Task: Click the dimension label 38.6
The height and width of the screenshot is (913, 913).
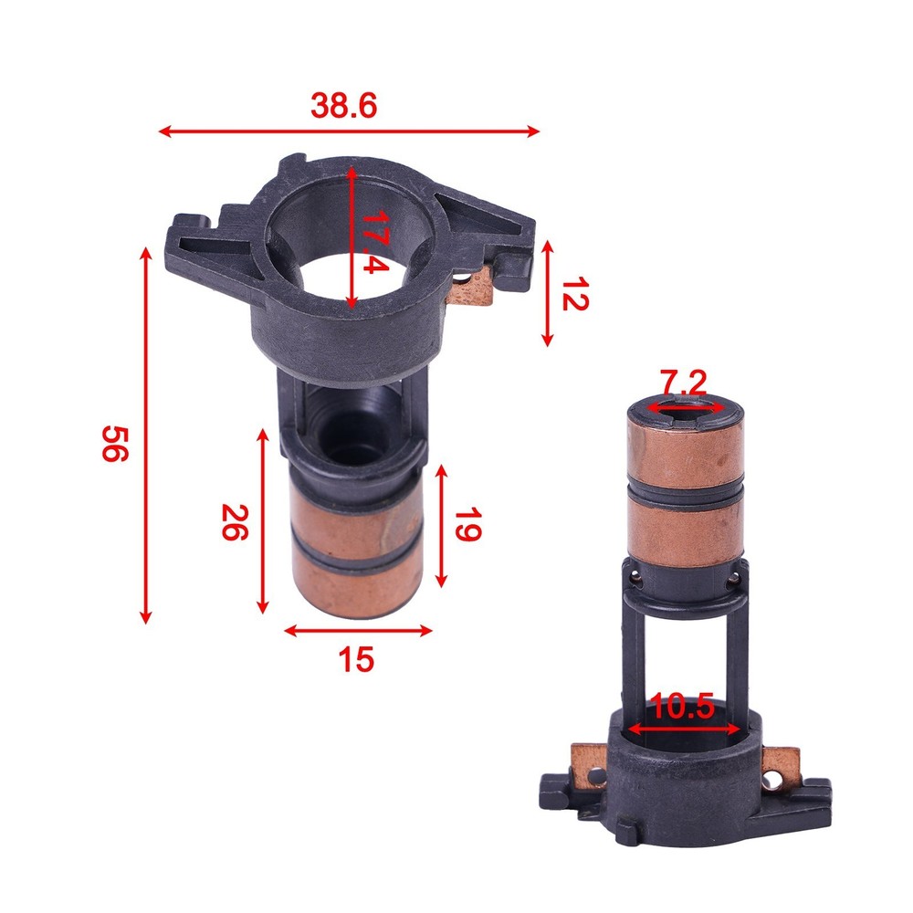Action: point(344,106)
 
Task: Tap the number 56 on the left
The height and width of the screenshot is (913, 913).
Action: point(110,443)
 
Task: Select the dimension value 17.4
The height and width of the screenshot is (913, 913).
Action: point(374,243)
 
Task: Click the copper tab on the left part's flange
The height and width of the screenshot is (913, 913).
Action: point(472,289)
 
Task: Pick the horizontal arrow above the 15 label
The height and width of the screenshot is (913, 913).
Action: point(357,629)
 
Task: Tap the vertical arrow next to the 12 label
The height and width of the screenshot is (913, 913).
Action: point(547,293)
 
